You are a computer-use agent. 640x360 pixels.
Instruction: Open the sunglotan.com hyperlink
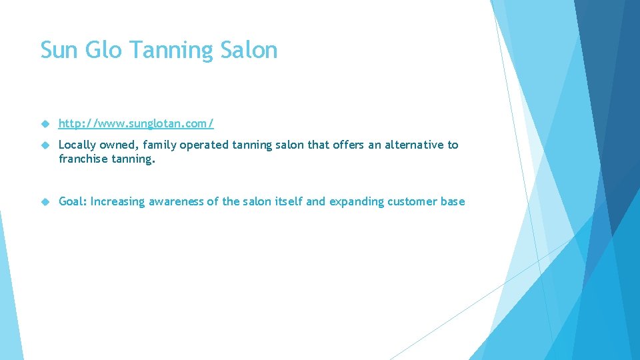[x=136, y=124]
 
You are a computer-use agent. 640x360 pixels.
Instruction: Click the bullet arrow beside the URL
[x=45, y=124]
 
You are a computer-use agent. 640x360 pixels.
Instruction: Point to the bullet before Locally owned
[x=45, y=145]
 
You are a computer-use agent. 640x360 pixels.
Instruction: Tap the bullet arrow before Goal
[x=45, y=202]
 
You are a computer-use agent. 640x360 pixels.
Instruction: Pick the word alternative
[x=412, y=145]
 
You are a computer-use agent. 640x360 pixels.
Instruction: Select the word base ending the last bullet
[x=453, y=201]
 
